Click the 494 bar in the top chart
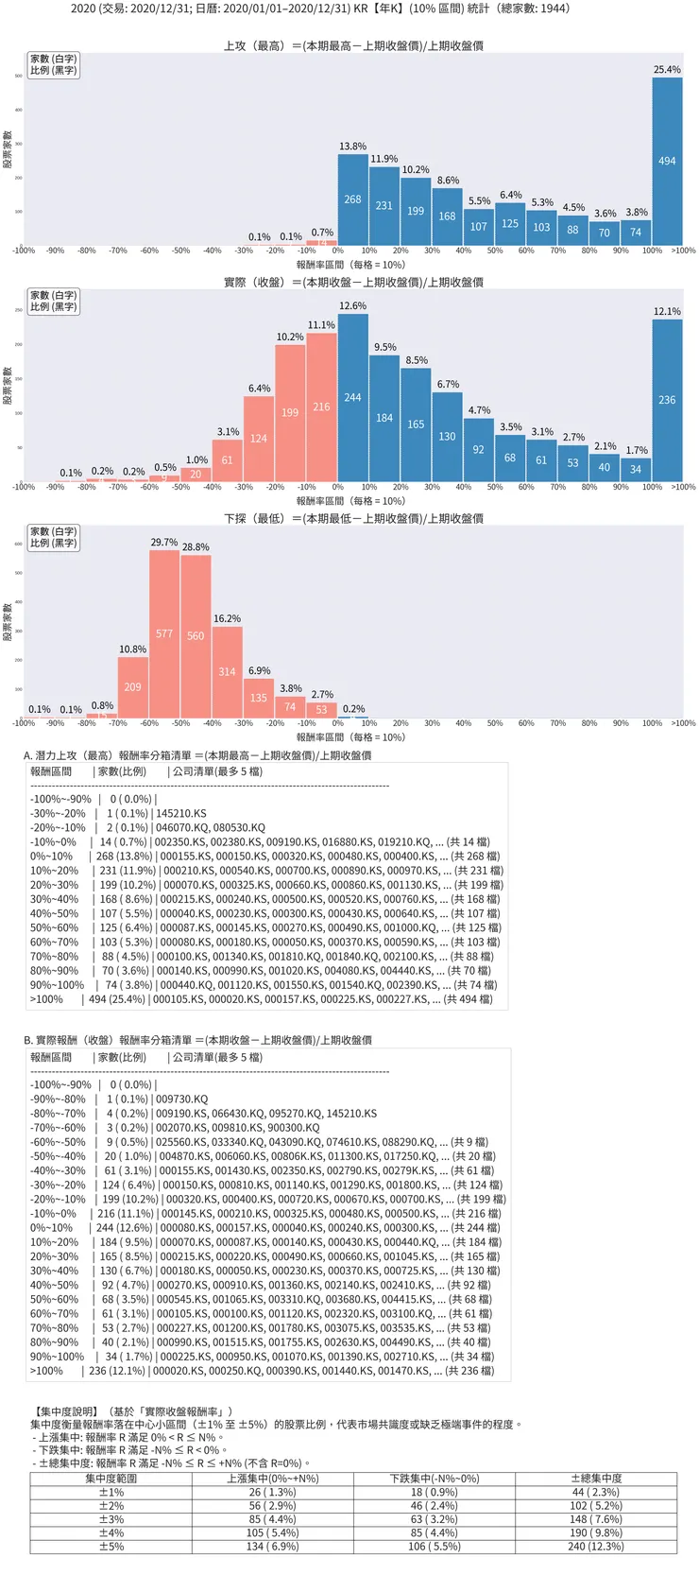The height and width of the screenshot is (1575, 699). click(x=667, y=162)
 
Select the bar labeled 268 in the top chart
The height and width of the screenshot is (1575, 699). click(x=352, y=199)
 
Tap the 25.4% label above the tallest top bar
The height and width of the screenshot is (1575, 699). click(x=667, y=70)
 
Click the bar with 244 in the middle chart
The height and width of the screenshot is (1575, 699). click(x=352, y=397)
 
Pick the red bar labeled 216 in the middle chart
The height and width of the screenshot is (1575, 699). click(x=321, y=407)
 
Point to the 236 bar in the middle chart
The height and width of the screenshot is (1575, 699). click(x=667, y=400)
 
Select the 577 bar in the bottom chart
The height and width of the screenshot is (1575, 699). click(x=164, y=633)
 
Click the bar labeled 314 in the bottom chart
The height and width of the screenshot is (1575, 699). click(x=227, y=671)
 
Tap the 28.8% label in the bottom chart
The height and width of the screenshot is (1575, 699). click(x=196, y=547)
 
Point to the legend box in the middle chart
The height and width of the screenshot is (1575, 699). click(x=53, y=301)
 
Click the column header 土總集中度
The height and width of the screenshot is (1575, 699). click(x=596, y=1479)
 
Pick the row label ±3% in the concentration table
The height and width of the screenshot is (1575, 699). click(x=111, y=1519)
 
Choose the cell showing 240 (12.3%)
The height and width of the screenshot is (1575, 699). click(x=596, y=1547)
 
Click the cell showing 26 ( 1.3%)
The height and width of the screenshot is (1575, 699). click(x=273, y=1492)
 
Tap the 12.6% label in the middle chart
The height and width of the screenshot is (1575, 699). click(x=352, y=306)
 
